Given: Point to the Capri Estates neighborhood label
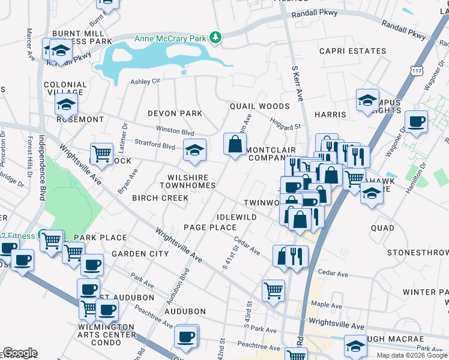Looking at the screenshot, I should click(352, 52).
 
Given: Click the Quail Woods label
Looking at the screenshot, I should click(259, 106).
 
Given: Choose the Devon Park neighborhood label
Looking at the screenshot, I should click(175, 113).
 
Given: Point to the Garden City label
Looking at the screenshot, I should click(140, 254).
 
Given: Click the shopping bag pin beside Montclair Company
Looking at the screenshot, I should click(235, 144).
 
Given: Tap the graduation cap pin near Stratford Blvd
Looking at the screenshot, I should click(194, 151).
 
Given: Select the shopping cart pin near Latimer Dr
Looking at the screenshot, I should click(101, 154).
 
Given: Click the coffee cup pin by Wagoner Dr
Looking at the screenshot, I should click(415, 122).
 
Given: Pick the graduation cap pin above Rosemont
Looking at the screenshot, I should click(66, 104).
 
